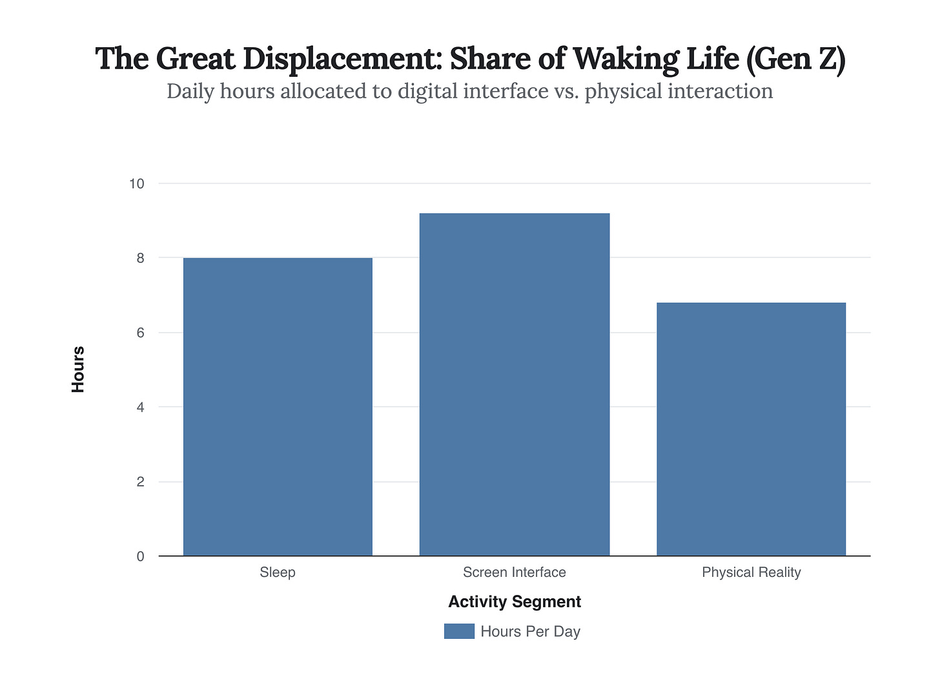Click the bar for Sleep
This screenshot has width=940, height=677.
(278, 407)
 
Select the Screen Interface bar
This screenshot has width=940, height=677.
(515, 384)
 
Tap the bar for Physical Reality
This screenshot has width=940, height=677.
(751, 429)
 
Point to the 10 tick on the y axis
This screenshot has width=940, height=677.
(136, 184)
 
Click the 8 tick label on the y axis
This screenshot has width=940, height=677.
(140, 258)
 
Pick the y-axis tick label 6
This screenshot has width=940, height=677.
(140, 333)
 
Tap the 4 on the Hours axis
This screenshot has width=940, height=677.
(140, 408)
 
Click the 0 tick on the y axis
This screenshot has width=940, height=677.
(140, 557)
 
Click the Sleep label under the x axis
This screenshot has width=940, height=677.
(278, 572)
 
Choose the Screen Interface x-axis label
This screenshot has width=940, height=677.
(515, 572)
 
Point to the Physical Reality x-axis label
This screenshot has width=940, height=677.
(751, 572)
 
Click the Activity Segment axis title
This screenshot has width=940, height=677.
(515, 602)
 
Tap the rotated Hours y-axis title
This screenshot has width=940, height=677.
(78, 370)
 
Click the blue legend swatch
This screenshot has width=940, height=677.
(459, 631)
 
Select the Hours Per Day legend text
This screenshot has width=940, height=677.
(531, 632)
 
